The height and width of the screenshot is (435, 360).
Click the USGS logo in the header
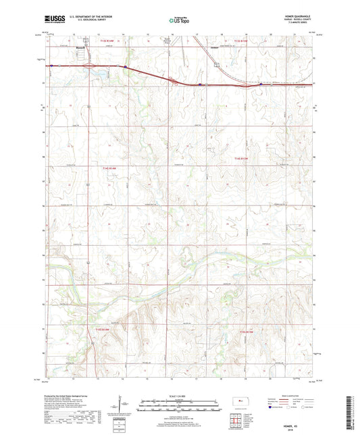[x=51, y=21]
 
